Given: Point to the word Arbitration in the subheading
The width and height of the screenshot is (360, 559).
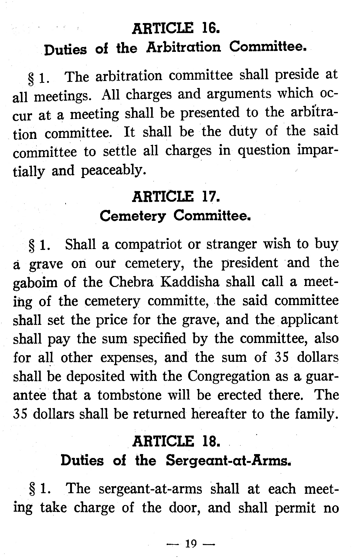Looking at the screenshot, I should pyautogui.click(x=184, y=47).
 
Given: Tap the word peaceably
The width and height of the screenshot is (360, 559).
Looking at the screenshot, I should pyautogui.click(x=112, y=170).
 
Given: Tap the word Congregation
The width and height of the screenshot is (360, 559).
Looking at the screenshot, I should pyautogui.click(x=228, y=376).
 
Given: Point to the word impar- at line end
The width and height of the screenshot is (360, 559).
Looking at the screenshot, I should pyautogui.click(x=318, y=151).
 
